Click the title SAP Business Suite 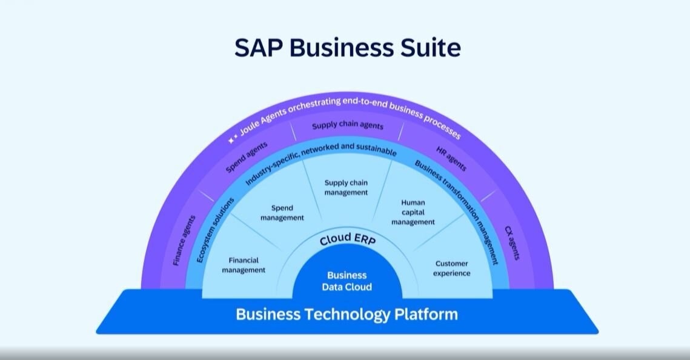(347, 48)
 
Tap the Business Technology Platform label (347, 315)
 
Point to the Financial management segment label (244, 265)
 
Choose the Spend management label (282, 213)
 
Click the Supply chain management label (346, 187)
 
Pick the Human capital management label (413, 212)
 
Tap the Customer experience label (451, 268)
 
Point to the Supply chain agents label (348, 126)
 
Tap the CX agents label (512, 242)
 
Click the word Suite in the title (430, 48)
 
